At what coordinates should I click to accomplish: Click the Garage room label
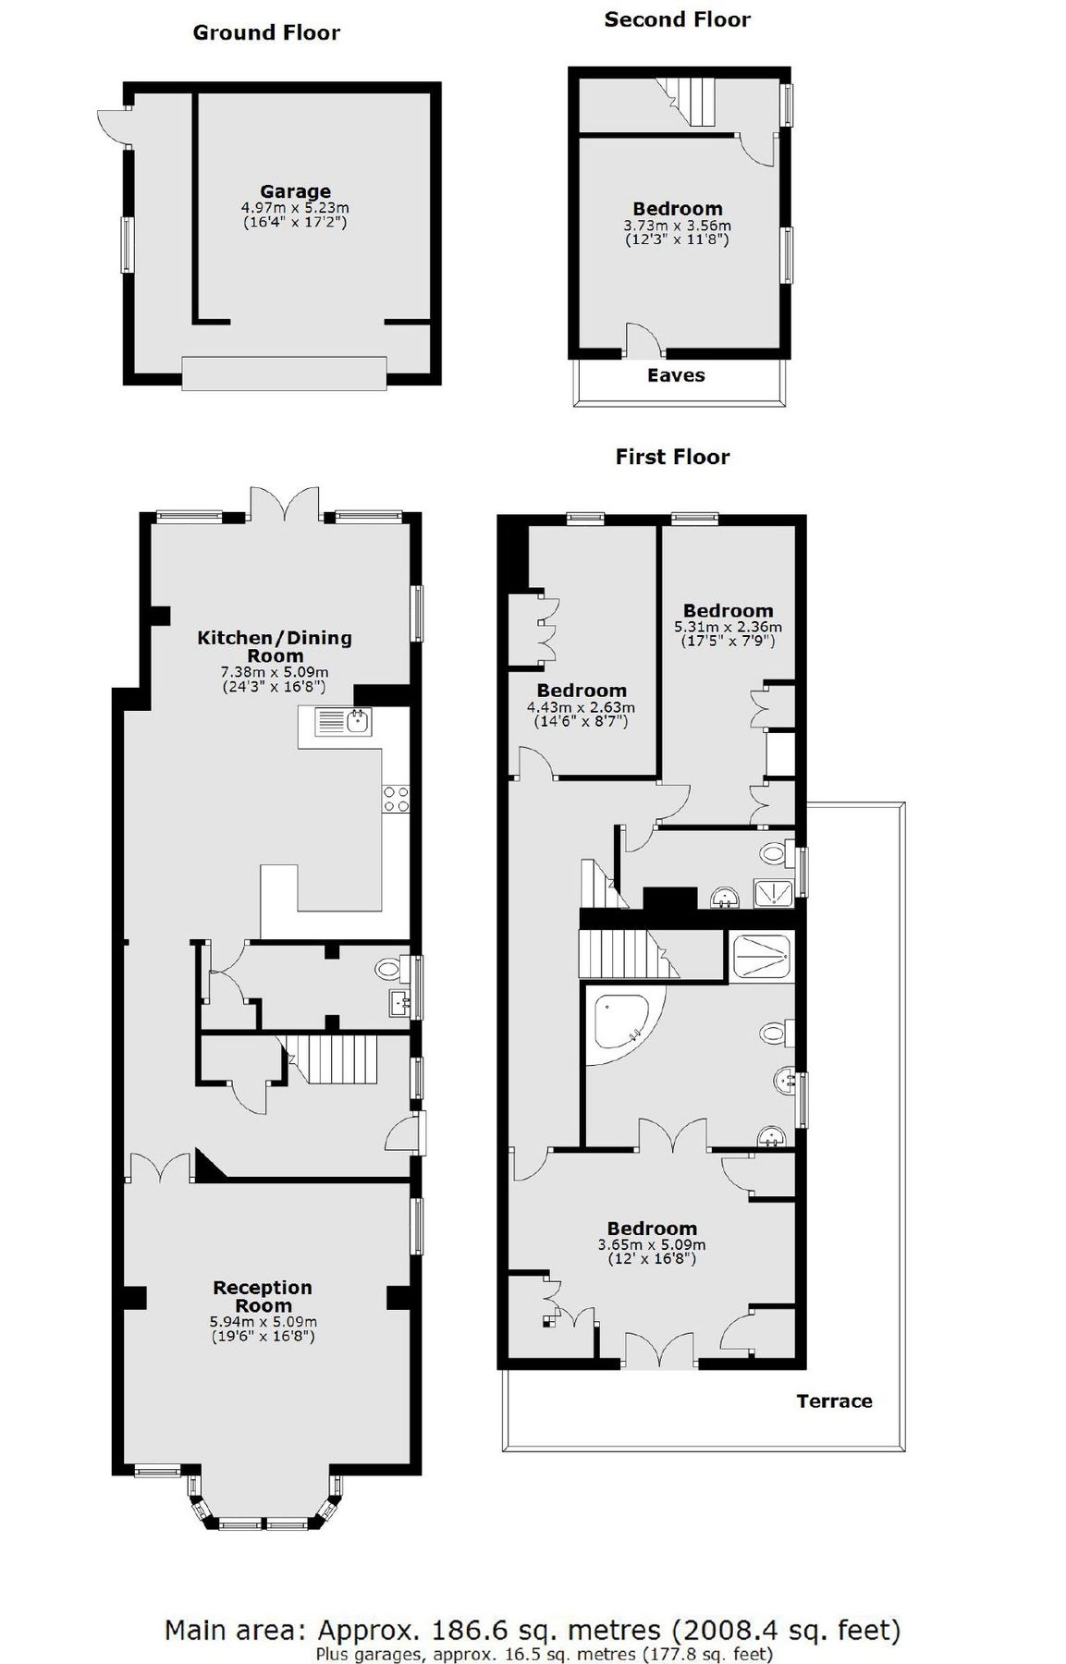coord(295,192)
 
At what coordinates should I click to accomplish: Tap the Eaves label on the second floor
coord(676,375)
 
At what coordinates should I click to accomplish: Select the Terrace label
coord(834,1401)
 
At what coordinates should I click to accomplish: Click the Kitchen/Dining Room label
coord(275,646)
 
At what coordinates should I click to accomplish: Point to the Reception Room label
coord(263,1296)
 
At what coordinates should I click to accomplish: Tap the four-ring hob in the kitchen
coord(397,799)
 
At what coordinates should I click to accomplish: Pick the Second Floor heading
coord(677,19)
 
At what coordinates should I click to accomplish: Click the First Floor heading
coord(672,457)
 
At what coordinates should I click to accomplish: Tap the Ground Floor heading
coord(266,33)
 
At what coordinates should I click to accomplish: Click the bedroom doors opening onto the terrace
coord(660,1352)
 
